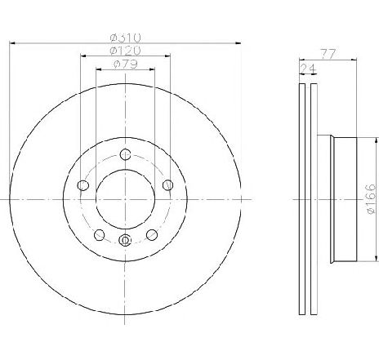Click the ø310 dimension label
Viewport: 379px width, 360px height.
click(x=126, y=38)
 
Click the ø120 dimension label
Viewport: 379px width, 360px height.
click(x=126, y=51)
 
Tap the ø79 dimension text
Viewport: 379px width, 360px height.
click(x=126, y=64)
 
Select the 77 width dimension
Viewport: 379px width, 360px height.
click(x=328, y=54)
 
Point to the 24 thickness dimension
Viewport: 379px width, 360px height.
click(x=308, y=68)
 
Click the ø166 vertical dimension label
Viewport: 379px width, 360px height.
click(x=372, y=199)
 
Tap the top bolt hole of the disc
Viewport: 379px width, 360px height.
click(x=125, y=154)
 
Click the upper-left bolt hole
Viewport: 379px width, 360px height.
click(x=83, y=185)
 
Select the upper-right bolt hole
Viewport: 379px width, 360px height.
click(x=167, y=185)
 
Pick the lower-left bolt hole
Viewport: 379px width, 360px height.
click(x=100, y=235)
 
